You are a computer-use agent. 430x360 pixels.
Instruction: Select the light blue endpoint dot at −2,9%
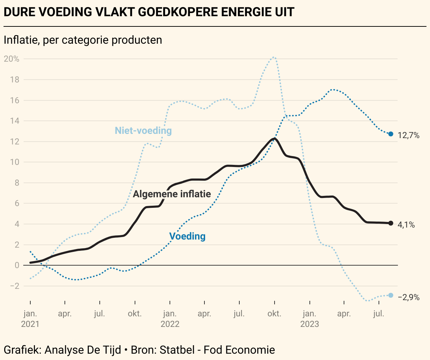391,295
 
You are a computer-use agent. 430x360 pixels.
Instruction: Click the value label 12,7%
408,135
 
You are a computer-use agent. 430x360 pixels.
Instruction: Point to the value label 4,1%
406,225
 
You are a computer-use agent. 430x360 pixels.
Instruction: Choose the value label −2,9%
408,297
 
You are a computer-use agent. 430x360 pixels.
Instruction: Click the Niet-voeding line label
143,131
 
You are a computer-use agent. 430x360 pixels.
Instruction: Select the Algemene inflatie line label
172,194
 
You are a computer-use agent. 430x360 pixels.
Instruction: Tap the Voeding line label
187,236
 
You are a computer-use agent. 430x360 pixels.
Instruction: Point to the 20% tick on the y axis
12,59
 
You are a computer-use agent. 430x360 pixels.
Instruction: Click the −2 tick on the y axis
14,286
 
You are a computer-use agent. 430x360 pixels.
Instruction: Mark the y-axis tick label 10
14,162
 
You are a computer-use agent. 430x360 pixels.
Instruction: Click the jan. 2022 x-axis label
170,318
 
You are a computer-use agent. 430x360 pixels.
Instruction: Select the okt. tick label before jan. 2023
274,314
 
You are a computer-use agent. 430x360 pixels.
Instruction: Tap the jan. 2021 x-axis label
30,318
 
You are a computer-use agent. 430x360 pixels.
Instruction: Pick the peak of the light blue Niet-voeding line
274,57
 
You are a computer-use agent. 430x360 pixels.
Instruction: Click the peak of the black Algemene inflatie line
274,139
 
